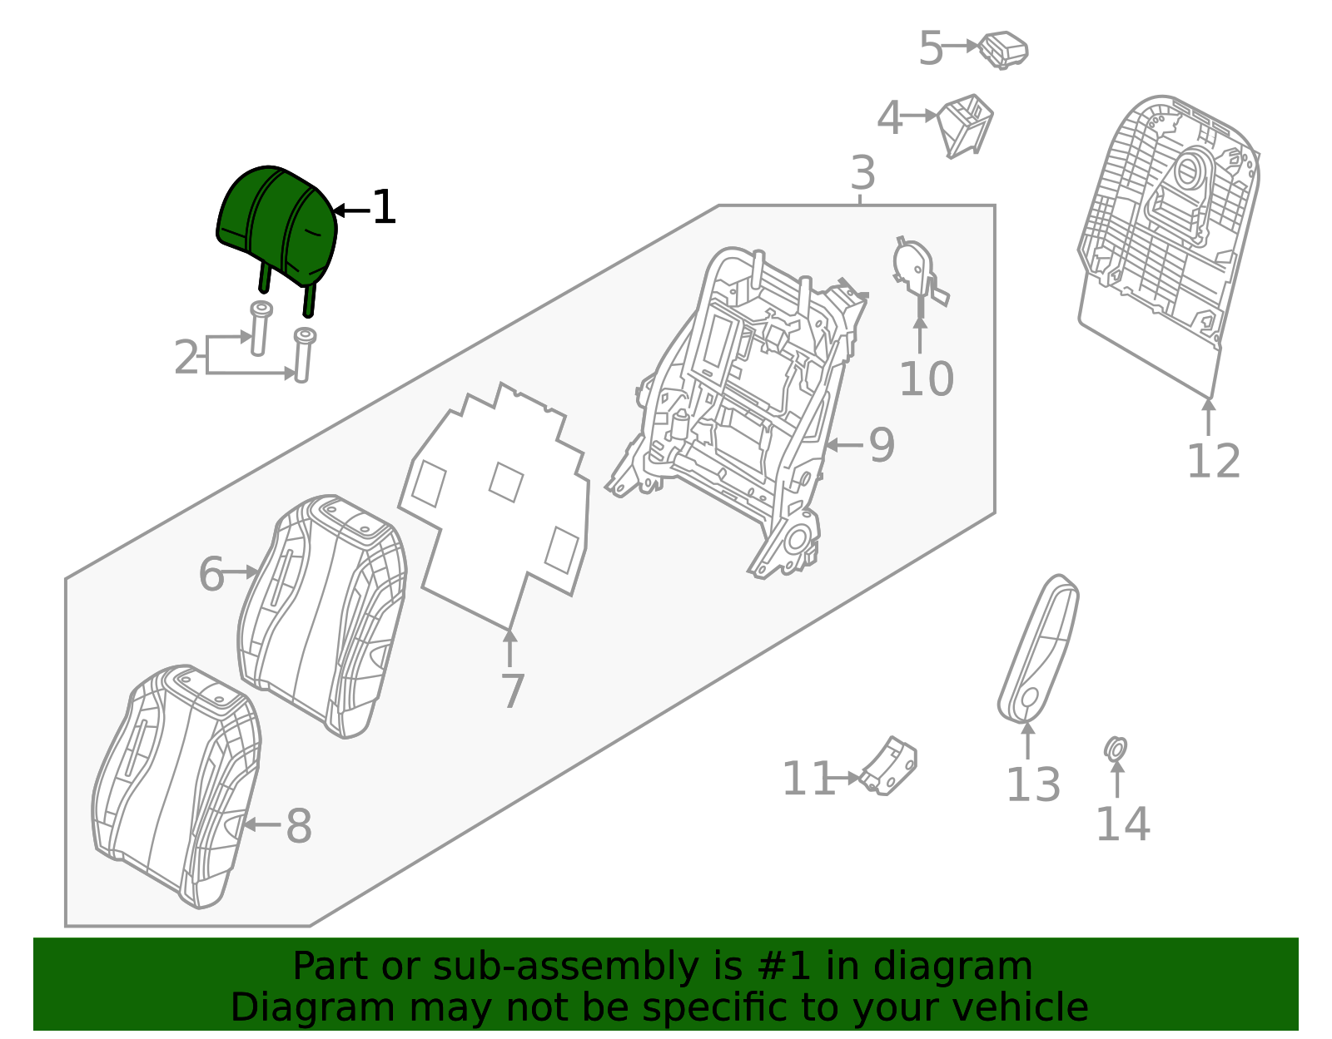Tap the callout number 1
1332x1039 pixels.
385,207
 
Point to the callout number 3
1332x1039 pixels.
862,173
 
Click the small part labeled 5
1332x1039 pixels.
1003,50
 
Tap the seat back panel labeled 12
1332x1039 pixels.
1168,245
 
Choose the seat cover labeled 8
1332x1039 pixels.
176,787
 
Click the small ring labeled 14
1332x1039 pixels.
1115,749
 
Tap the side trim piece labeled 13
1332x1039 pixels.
1038,649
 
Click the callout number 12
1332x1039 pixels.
1214,461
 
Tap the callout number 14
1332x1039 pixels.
1123,824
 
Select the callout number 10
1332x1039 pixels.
927,379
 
